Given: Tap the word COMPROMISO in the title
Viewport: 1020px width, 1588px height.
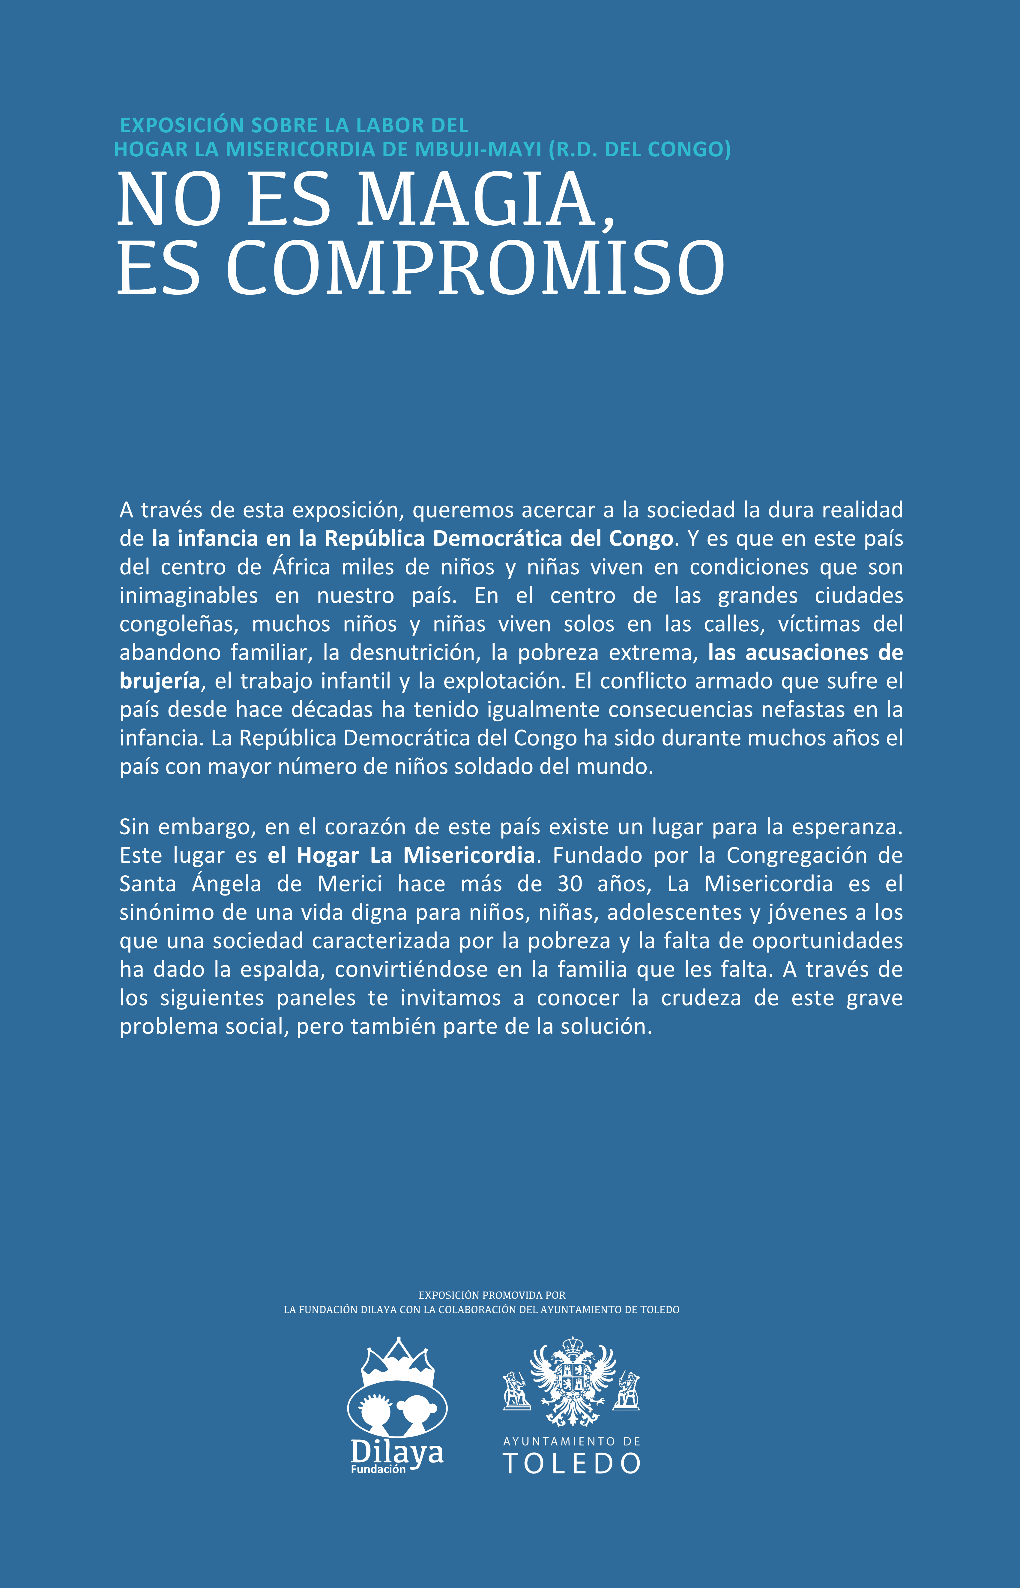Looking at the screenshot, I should pyautogui.click(x=475, y=268).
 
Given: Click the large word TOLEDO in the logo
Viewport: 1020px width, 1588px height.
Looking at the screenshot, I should pyautogui.click(x=572, y=1463).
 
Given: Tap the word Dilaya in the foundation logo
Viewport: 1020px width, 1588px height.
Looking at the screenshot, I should pyautogui.click(x=396, y=1452).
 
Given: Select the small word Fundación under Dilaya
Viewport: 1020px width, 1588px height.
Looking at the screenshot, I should pyautogui.click(x=378, y=1469).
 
